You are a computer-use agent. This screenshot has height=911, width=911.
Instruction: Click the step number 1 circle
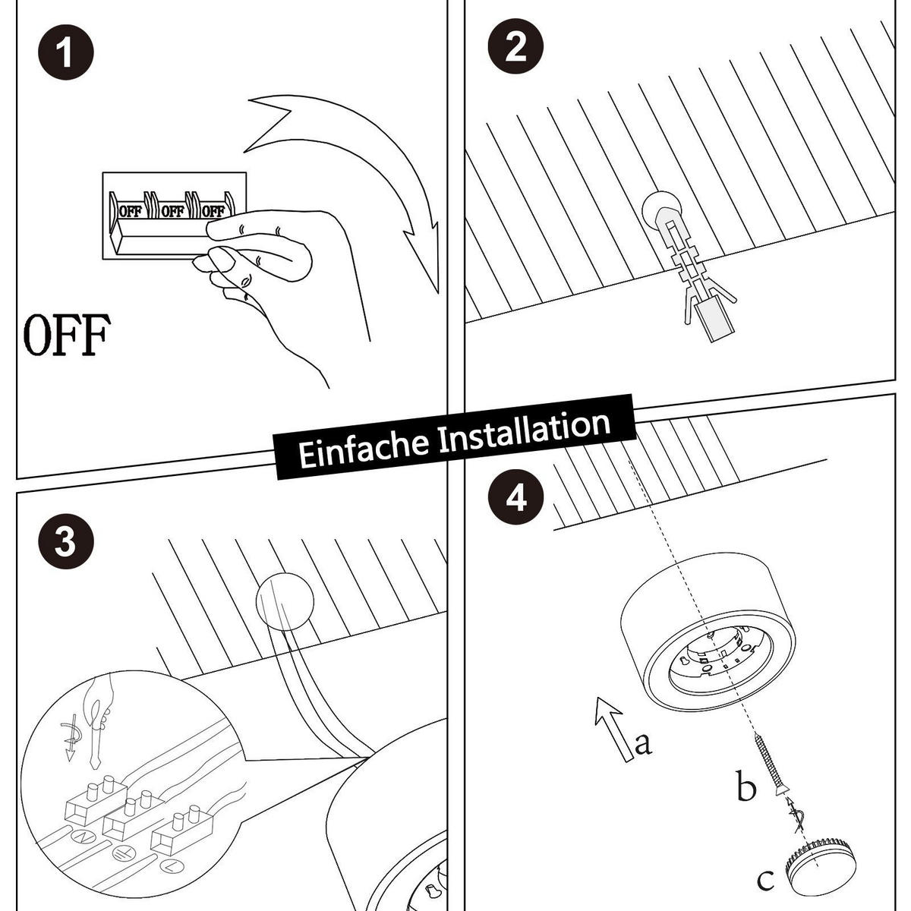65,55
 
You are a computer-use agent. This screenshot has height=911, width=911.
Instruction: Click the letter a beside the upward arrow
642,743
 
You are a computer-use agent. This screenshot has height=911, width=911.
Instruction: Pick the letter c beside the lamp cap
765,881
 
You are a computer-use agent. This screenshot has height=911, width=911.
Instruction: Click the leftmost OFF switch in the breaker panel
129,211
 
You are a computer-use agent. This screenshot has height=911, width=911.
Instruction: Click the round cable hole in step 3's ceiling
284,600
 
